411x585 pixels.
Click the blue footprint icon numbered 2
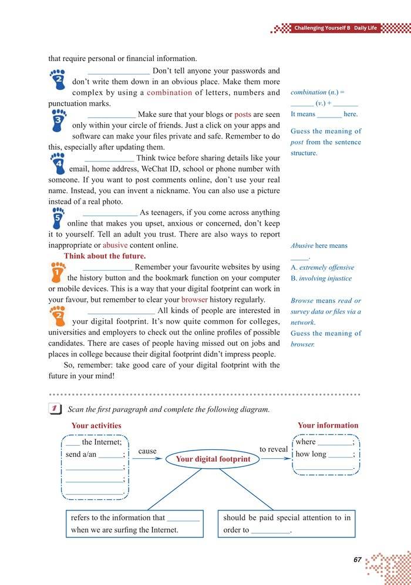(x=58, y=78)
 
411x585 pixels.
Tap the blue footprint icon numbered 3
(x=59, y=122)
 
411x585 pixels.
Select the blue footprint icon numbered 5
(x=58, y=219)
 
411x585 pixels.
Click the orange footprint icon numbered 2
(x=59, y=317)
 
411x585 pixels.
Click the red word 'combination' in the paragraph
(x=169, y=93)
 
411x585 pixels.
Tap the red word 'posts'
(x=242, y=115)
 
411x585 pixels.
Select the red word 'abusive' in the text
(x=115, y=245)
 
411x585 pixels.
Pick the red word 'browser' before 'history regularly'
(x=194, y=300)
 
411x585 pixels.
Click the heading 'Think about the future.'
(x=105, y=256)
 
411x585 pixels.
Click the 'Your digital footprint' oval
(x=213, y=459)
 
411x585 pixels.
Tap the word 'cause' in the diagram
(x=147, y=451)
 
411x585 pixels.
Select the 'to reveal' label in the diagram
(x=274, y=449)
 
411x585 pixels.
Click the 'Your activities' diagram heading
(x=96, y=426)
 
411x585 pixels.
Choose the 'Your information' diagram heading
(x=328, y=425)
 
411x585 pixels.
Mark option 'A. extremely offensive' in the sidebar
(x=322, y=267)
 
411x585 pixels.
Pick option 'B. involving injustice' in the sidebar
(x=321, y=278)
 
